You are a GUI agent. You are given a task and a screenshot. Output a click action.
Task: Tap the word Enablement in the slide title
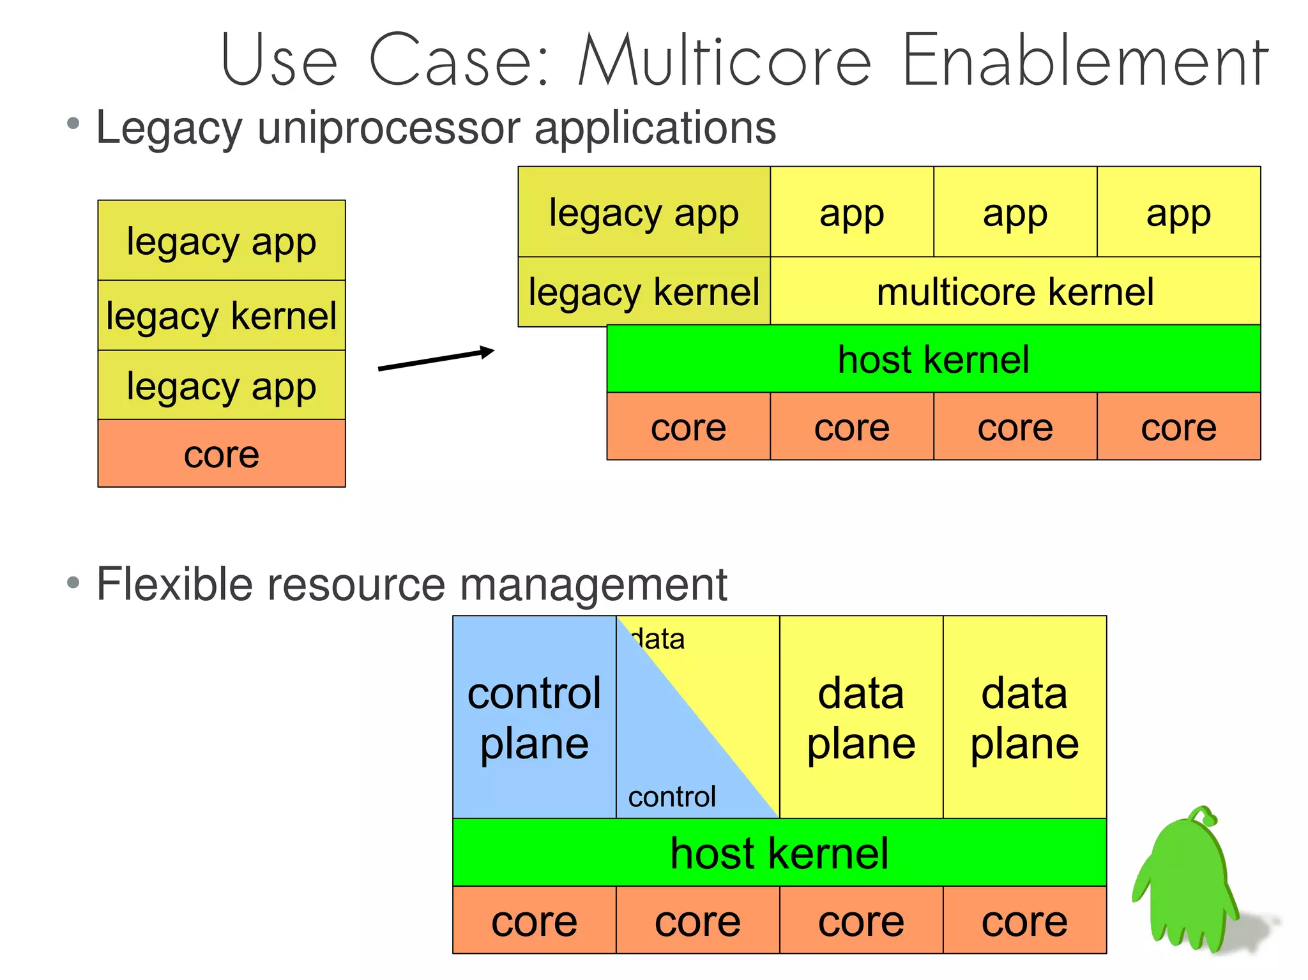1084,61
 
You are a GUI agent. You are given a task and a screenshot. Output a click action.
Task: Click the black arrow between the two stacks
436,359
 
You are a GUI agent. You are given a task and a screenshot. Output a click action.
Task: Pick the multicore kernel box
1015,292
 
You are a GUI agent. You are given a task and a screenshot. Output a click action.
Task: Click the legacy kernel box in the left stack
221,315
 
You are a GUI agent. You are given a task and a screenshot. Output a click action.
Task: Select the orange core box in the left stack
221,454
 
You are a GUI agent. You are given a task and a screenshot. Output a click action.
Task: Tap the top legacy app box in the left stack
221,241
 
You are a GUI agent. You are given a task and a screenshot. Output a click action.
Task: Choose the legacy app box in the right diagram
644,213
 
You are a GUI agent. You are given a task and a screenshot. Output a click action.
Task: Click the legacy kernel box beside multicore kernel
644,292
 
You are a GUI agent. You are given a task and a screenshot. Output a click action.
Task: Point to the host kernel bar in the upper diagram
933,359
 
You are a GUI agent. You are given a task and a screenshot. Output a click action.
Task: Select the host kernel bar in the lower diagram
779,853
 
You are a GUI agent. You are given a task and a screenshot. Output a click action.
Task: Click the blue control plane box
534,718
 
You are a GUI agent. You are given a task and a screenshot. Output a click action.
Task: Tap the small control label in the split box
672,797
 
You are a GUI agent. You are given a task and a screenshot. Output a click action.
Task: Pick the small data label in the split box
658,639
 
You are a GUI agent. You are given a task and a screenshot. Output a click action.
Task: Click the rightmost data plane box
1024,718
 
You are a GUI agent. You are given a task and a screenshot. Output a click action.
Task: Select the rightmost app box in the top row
1178,213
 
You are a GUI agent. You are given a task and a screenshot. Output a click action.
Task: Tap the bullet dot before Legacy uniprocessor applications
73,123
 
